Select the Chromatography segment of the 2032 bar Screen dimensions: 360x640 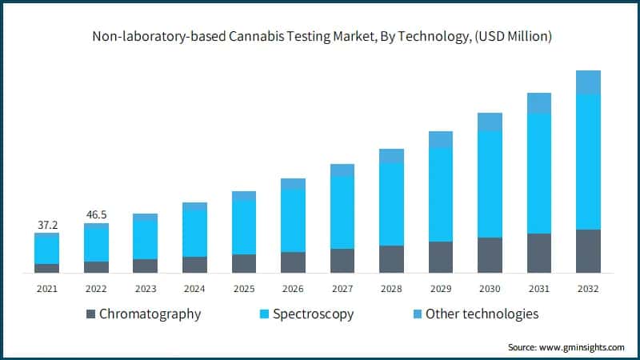pos(588,251)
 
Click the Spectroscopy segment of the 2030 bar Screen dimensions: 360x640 pos(490,184)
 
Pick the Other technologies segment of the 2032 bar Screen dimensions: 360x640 pos(588,82)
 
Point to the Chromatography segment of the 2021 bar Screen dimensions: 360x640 pos(46,268)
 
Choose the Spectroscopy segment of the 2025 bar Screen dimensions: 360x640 pos(244,227)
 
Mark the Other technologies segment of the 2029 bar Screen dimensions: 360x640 pos(440,139)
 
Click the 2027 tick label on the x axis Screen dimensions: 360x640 pos(342,288)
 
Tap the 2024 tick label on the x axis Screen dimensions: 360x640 pos(194,288)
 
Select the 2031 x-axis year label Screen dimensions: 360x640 pos(538,288)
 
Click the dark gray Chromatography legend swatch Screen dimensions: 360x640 pos(90,314)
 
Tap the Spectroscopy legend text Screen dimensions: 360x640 pos(313,314)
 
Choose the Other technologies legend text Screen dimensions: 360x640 pos(482,314)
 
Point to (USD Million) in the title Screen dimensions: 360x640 pos(506,36)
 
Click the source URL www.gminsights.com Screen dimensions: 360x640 pos(583,347)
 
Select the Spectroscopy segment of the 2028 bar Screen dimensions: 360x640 pos(391,204)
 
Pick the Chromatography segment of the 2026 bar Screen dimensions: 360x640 pos(293,262)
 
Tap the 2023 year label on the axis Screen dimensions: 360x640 pos(145,288)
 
